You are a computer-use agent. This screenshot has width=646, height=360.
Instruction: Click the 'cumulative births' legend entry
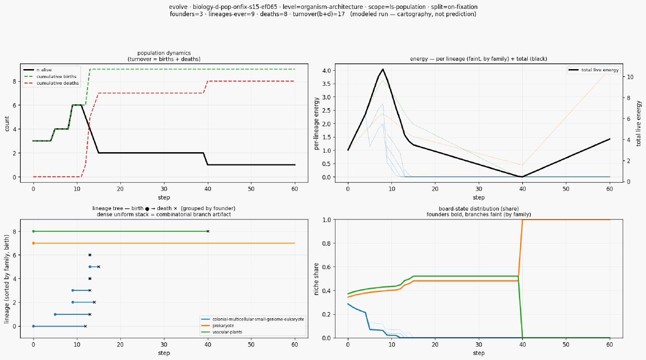tap(51, 76)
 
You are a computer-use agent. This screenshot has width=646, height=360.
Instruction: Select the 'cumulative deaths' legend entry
tap(51, 83)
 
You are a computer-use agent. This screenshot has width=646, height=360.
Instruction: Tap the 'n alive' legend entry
tap(38, 70)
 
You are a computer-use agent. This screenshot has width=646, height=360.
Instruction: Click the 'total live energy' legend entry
tap(594, 70)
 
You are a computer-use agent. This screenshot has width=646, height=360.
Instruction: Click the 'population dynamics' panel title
tap(164, 53)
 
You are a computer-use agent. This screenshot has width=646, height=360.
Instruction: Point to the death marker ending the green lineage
tap(208, 231)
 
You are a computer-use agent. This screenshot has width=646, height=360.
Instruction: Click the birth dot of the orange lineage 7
tap(33, 243)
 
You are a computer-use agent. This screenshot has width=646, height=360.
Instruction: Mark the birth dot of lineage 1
tap(55, 314)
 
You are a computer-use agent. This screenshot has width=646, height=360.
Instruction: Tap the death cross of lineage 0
tap(85, 326)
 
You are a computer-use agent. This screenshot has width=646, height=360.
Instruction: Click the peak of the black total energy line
tap(383, 69)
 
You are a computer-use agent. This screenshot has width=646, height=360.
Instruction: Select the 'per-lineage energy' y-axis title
tap(317, 124)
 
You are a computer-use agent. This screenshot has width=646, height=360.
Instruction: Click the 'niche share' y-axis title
tap(317, 279)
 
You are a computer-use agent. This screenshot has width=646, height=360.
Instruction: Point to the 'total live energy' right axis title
tap(639, 123)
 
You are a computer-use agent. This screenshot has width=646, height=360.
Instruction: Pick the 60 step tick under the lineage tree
tap(295, 345)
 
